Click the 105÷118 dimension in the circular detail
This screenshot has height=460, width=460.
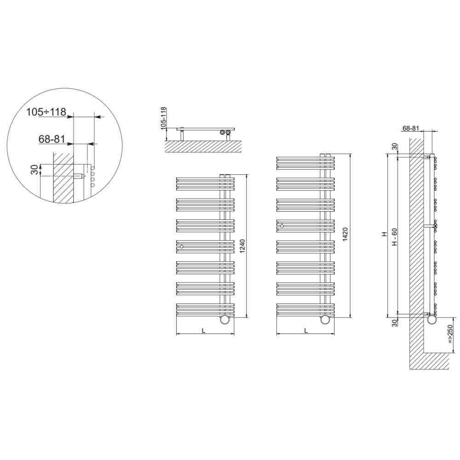46,112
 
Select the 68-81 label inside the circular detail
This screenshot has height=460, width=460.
52,139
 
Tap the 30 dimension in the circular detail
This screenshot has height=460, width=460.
34,170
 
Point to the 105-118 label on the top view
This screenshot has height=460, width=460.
163,118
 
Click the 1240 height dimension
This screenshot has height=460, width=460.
242,246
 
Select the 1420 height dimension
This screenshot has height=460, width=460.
345,235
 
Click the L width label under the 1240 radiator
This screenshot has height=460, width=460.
204,331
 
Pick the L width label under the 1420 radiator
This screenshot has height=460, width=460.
306,331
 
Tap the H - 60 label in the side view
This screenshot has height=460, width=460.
395,237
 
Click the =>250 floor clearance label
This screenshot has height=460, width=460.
450,334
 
